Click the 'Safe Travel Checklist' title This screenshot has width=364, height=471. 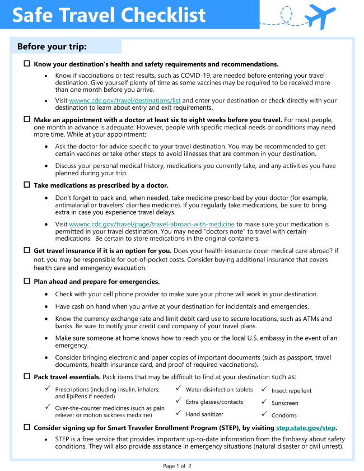click(x=109, y=15)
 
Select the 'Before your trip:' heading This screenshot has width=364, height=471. click(x=52, y=46)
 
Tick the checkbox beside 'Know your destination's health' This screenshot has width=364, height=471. click(x=26, y=64)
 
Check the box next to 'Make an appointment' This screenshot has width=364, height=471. click(x=26, y=119)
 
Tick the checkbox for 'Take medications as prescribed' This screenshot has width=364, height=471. click(x=26, y=185)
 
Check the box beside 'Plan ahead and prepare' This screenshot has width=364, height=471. click(x=26, y=281)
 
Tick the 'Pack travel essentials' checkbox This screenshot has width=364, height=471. click(x=26, y=376)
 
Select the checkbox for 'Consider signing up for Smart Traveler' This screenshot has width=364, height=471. click(x=26, y=427)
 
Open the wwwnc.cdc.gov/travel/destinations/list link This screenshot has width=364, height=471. click(x=124, y=101)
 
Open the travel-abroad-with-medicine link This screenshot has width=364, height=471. click(x=151, y=224)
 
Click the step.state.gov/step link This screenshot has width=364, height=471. click(x=305, y=428)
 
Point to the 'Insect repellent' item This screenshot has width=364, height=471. click(x=291, y=390)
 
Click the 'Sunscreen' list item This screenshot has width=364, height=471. click(x=284, y=403)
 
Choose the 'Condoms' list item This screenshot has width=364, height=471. click(x=284, y=415)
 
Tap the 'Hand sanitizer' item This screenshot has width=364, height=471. click(x=204, y=414)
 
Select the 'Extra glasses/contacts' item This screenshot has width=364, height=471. click(x=214, y=402)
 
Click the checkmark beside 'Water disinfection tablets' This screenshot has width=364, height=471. click(x=178, y=388)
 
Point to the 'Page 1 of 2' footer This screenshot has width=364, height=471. click(x=177, y=466)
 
